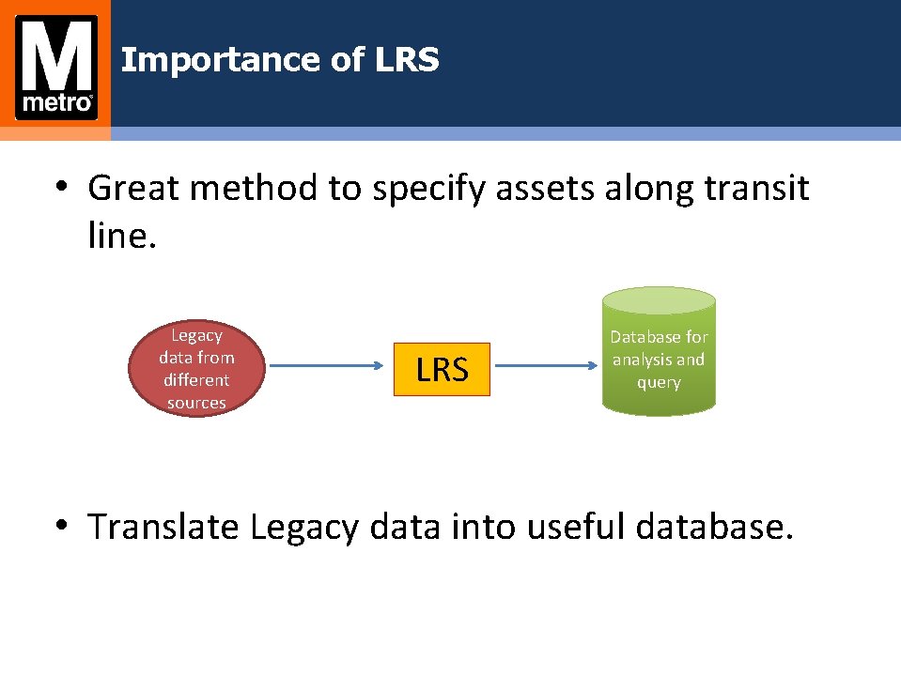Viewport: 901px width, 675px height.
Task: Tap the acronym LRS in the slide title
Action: pyautogui.click(x=407, y=60)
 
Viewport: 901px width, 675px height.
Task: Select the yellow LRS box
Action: pyautogui.click(x=442, y=369)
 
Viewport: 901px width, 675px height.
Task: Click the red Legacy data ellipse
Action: pyautogui.click(x=196, y=369)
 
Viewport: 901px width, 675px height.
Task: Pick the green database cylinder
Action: pyautogui.click(x=658, y=352)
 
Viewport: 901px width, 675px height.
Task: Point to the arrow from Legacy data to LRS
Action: pyautogui.click(x=329, y=369)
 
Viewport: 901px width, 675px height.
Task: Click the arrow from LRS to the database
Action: pyautogui.click(x=547, y=369)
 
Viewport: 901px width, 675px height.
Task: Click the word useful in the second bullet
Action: pyautogui.click(x=576, y=527)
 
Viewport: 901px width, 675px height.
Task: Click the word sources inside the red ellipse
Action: pyautogui.click(x=196, y=403)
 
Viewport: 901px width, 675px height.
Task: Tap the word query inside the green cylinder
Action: pyautogui.click(x=658, y=382)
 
